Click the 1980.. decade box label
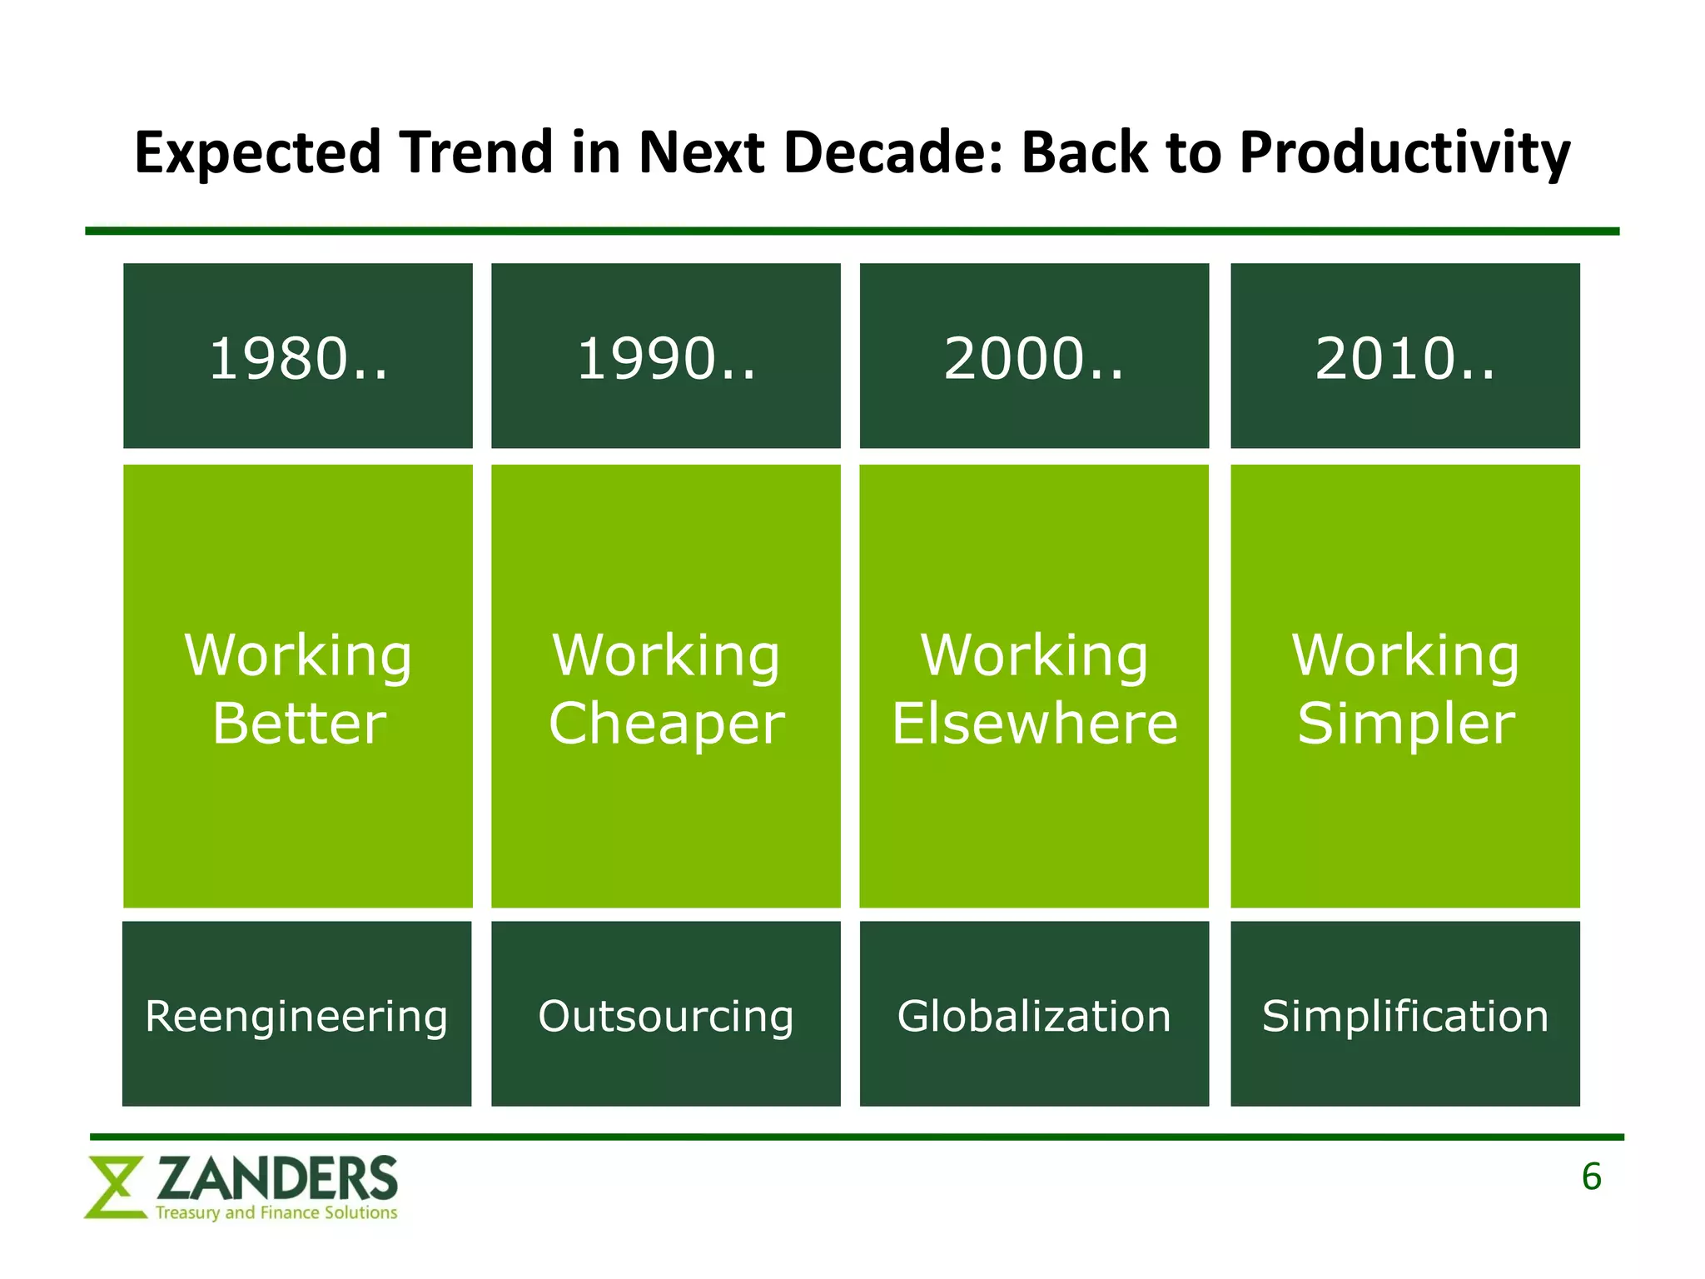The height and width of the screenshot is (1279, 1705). click(x=298, y=359)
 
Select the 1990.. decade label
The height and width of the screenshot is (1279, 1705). click(x=666, y=359)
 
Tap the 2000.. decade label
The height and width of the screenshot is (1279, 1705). click(x=1034, y=359)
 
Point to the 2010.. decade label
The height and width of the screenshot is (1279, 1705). click(x=1405, y=359)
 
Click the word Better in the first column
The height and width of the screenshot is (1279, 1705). click(x=299, y=723)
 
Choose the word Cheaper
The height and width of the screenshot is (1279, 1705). click(x=666, y=723)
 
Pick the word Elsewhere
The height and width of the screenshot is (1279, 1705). click(x=1035, y=723)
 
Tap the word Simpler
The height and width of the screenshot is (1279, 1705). click(x=1405, y=723)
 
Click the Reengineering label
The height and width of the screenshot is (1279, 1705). click(x=296, y=1016)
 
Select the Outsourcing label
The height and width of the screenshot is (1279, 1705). click(x=666, y=1016)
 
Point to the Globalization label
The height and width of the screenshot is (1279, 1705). click(x=1034, y=1016)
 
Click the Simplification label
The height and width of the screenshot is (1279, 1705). click(x=1405, y=1016)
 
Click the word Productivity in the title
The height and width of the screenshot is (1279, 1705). click(x=1404, y=154)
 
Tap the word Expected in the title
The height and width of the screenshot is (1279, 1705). click(x=257, y=154)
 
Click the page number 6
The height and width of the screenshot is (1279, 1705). click(x=1591, y=1177)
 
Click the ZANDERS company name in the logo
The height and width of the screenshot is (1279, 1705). click(x=277, y=1179)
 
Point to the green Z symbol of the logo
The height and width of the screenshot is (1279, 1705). click(x=115, y=1187)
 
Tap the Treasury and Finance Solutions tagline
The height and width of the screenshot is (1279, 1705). click(x=276, y=1212)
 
